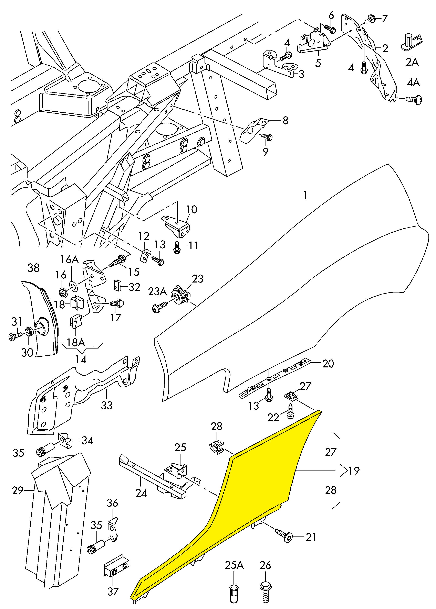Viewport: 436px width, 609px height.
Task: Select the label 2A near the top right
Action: pos(412,62)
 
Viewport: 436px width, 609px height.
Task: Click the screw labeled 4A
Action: pos(415,100)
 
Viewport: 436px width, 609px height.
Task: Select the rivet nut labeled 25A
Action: pos(233,591)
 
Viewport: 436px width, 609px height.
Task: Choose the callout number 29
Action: pos(18,491)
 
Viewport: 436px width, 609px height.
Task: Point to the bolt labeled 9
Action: pos(267,137)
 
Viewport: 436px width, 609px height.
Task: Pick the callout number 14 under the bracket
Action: pos(81,359)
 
